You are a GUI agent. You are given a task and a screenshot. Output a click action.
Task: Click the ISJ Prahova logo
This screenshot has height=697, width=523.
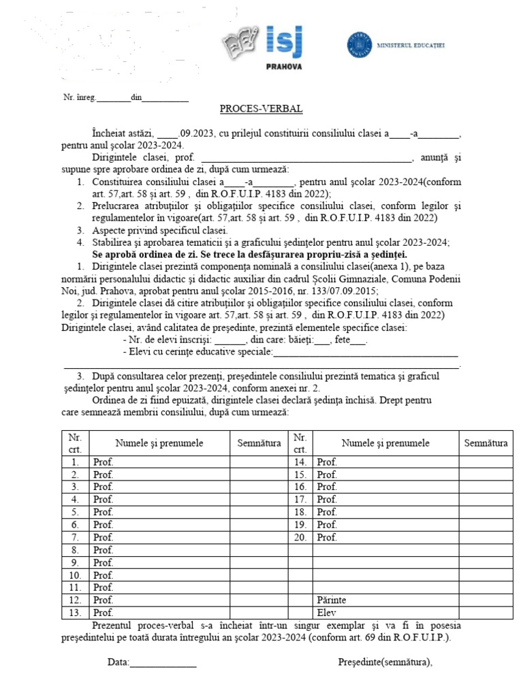pyautogui.click(x=263, y=45)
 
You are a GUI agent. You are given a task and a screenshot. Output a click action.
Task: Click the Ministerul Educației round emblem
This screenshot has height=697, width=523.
pyautogui.click(x=358, y=44)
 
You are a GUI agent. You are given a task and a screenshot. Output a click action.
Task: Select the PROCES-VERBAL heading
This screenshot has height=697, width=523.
pyautogui.click(x=261, y=109)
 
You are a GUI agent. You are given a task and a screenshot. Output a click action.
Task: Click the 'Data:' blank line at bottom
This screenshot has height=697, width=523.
pyautogui.click(x=163, y=662)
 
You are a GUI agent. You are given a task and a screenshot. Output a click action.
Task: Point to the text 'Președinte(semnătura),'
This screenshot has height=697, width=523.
pyautogui.click(x=385, y=662)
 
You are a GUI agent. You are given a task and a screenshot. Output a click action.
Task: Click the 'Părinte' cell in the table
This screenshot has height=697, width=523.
pyautogui.click(x=332, y=600)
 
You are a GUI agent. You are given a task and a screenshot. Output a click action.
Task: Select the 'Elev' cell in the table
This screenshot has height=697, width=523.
pyautogui.click(x=327, y=613)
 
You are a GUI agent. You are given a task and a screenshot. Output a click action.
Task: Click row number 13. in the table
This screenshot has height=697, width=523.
pyautogui.click(x=75, y=613)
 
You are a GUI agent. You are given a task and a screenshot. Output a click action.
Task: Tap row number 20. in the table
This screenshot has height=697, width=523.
pyautogui.click(x=300, y=537)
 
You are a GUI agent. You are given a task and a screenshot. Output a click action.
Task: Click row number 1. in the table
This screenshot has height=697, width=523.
pyautogui.click(x=75, y=462)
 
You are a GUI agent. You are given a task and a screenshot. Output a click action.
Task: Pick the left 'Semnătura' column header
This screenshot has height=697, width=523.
pyautogui.click(x=259, y=443)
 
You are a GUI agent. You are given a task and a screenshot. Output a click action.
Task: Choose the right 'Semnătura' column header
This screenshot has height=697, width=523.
pyautogui.click(x=486, y=443)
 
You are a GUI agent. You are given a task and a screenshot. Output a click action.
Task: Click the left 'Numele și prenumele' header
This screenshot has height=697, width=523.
pyautogui.click(x=159, y=443)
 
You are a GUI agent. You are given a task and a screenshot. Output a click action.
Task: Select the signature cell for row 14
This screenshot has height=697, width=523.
pyautogui.click(x=486, y=462)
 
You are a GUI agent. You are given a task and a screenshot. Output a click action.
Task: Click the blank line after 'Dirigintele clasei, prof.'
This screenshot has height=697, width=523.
pyautogui.click(x=302, y=159)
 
